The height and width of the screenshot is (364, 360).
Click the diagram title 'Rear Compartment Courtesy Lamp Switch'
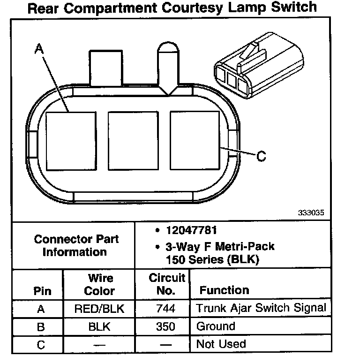coord(172,8)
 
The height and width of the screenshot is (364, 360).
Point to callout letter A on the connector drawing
coord(39,48)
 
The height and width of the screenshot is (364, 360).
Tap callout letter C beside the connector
coord(262,156)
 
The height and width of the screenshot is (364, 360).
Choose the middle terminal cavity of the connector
coord(133,140)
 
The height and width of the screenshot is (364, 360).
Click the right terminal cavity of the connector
coord(195,140)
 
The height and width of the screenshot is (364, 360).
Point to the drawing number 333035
coord(311,212)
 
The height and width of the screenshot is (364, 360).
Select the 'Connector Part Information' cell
coord(76,245)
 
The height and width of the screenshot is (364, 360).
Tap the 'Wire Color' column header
coord(99,284)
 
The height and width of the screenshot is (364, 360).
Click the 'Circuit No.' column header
coord(167,284)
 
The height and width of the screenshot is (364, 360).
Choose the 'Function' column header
coord(224,290)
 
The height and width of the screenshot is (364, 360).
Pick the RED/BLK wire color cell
coord(99,309)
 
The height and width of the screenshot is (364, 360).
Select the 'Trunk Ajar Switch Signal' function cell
coord(261,308)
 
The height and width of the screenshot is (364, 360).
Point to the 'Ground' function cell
coord(216,326)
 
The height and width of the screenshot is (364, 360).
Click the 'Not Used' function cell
coord(221,344)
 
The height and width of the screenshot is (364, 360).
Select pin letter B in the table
coord(41,326)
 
